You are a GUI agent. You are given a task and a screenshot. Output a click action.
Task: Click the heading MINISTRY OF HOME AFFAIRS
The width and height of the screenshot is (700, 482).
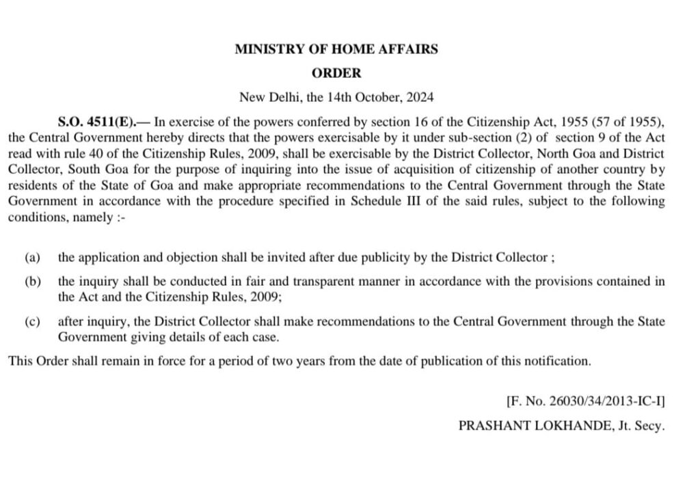pos(336,49)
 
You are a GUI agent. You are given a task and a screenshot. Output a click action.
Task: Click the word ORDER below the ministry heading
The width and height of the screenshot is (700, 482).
pos(336,72)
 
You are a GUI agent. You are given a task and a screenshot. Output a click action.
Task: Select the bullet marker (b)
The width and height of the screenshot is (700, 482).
pos(32,282)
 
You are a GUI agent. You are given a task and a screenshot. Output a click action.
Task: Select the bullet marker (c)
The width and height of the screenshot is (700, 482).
pos(32,322)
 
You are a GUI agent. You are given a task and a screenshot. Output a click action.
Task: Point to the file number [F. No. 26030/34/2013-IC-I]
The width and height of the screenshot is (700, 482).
pos(585,402)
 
